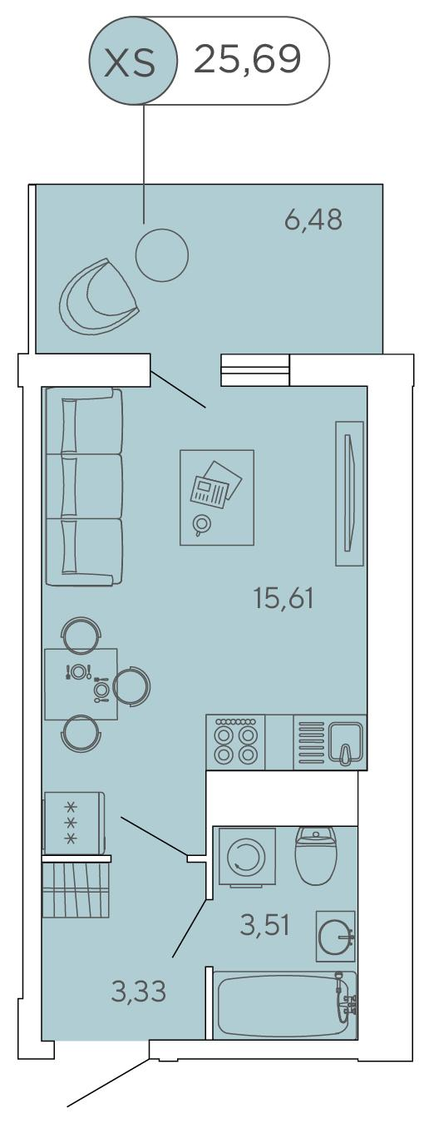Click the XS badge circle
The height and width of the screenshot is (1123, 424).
[x=133, y=60]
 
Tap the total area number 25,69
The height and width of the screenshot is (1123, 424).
[x=247, y=59]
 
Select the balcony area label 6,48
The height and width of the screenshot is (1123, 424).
[x=313, y=219]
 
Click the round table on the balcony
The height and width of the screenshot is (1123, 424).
[x=162, y=255]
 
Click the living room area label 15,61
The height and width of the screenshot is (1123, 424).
[x=283, y=598]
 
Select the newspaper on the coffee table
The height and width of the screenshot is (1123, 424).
[x=215, y=484]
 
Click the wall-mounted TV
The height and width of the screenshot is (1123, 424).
[x=350, y=493]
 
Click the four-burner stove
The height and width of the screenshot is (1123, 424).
[x=235, y=742]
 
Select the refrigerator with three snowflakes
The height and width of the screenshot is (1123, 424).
[x=74, y=824]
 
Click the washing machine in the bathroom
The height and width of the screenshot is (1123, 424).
[x=247, y=858]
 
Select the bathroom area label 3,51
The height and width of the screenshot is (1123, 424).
[x=264, y=925]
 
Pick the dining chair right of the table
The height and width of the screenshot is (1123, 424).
[x=131, y=685]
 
